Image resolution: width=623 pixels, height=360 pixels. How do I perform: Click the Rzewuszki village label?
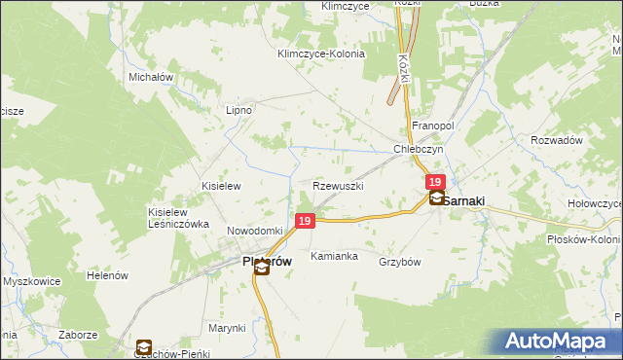(x=338, y=185)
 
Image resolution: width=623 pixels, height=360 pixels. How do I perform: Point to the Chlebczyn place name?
(x=419, y=150)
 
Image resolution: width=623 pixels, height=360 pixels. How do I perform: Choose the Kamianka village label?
(x=334, y=257)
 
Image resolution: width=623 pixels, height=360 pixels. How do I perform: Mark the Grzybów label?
(x=399, y=261)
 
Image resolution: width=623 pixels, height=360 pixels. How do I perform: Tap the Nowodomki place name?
(x=254, y=230)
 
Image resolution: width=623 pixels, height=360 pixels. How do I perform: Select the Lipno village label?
(x=238, y=110)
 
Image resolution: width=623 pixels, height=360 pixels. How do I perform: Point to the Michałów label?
(x=151, y=76)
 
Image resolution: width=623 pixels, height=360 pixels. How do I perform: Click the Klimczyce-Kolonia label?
(x=320, y=54)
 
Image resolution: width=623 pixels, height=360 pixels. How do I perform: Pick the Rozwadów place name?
(x=557, y=140)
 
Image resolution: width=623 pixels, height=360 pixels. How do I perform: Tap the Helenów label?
(x=108, y=275)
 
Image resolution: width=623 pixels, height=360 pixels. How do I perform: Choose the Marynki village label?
(x=226, y=328)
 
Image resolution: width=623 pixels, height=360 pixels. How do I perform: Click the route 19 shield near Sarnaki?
(x=435, y=182)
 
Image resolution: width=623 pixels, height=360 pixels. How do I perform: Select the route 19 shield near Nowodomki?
(x=305, y=222)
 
